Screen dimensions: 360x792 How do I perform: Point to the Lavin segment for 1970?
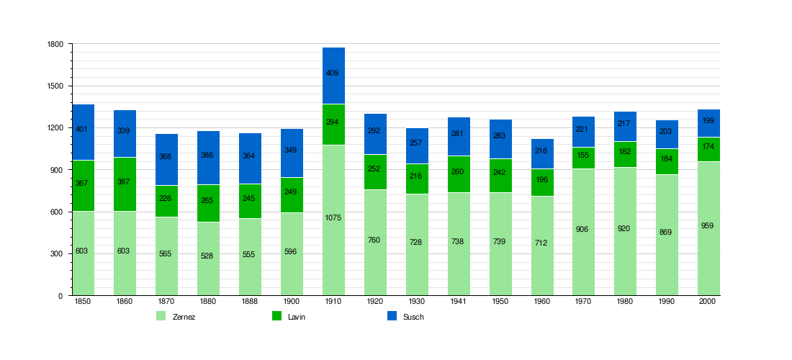[584, 158]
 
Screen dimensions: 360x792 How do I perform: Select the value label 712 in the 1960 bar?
[541, 243]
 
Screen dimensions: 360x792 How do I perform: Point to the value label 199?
[709, 121]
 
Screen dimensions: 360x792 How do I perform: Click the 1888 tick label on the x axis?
[249, 302]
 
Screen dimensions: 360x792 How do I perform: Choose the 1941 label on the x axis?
[458, 302]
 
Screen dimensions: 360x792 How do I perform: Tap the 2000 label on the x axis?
[708, 302]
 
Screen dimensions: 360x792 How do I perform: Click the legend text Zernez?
[184, 317]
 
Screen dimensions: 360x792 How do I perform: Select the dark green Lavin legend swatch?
[276, 316]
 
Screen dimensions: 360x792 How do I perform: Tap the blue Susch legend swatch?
[392, 316]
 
